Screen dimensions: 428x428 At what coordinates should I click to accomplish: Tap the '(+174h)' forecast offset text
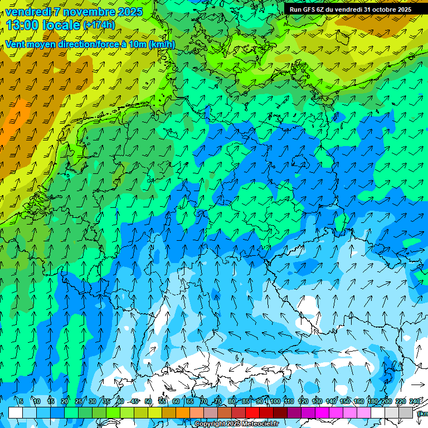click(99, 25)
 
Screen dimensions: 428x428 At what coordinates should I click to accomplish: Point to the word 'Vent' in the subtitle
click(16, 45)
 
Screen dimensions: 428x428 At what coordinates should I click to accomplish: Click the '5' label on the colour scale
click(21, 401)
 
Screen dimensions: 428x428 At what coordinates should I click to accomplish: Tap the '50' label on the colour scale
click(148, 401)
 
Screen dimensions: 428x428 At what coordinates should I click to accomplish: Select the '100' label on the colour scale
click(275, 401)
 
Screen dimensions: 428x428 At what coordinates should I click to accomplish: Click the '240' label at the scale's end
click(415, 401)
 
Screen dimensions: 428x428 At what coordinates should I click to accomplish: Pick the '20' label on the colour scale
click(64, 401)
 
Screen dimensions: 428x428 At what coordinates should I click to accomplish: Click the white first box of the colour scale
click(16, 412)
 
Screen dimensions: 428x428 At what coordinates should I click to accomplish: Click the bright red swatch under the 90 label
click(253, 412)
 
